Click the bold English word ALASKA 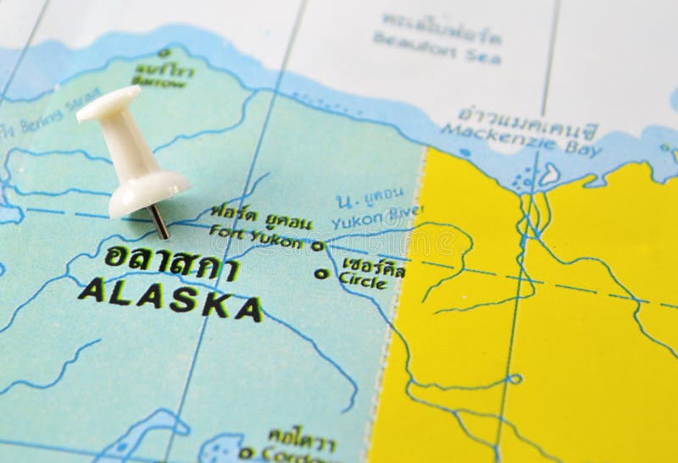(x=169, y=300)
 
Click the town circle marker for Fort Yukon (x=317, y=246)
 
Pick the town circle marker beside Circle (x=320, y=273)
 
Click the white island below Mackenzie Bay (x=548, y=175)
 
